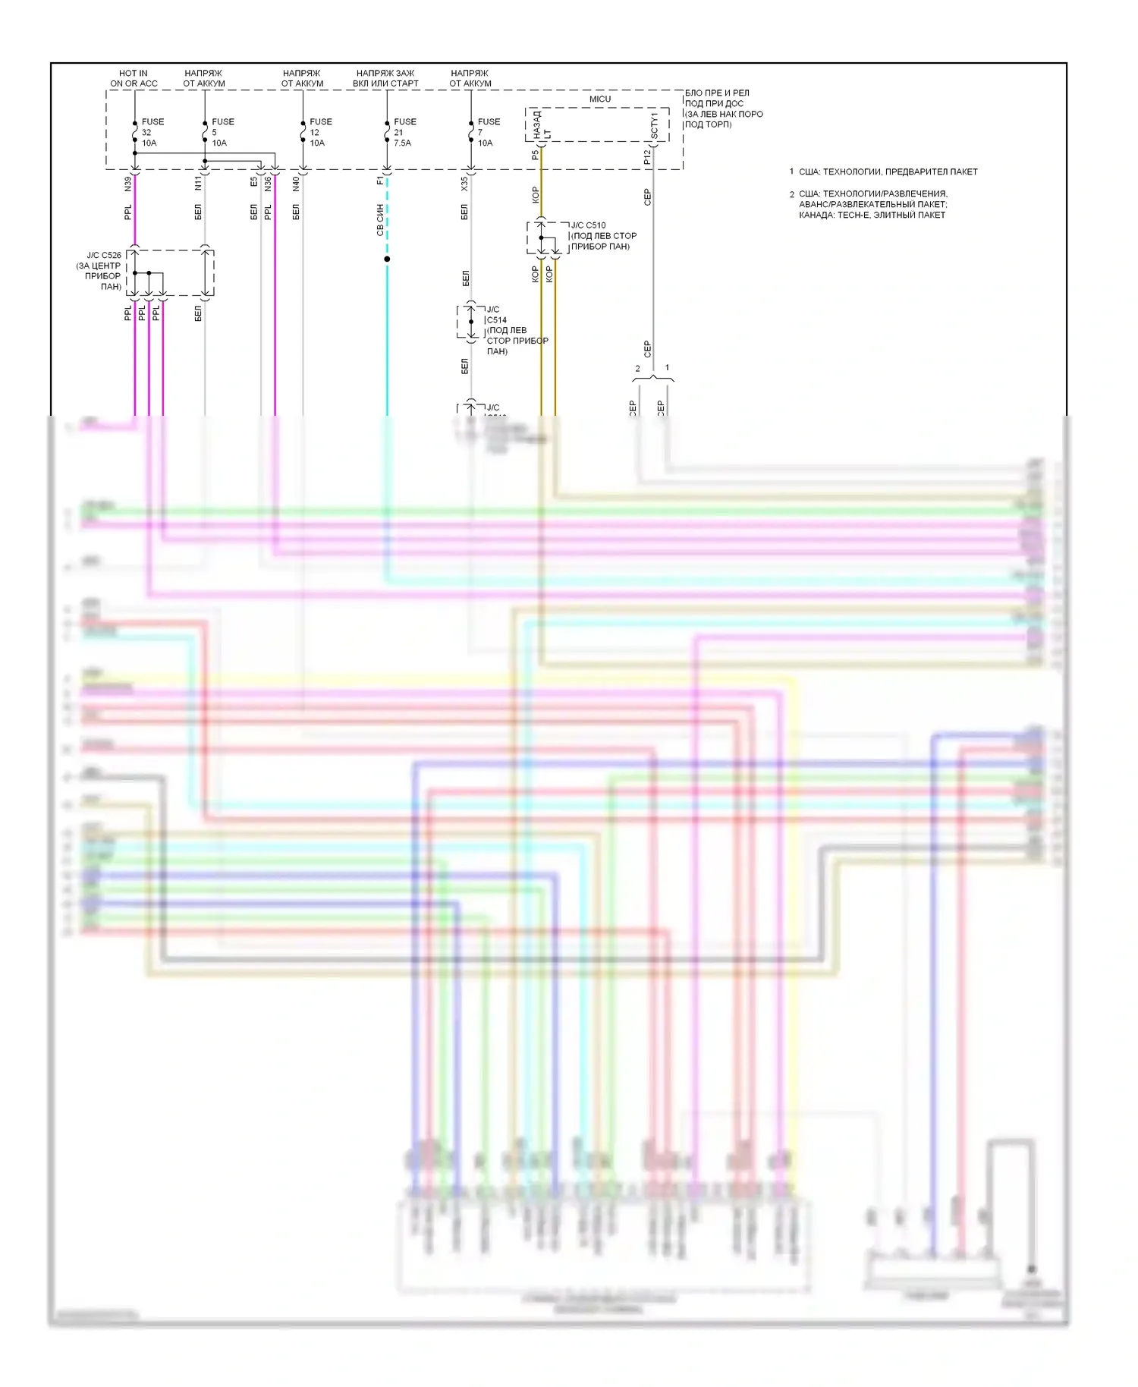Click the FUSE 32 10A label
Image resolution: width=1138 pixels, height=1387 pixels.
(x=151, y=132)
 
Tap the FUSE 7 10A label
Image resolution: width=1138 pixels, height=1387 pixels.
(x=487, y=132)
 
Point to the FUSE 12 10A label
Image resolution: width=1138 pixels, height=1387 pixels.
(x=319, y=132)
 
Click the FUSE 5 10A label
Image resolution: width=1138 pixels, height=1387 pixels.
(x=221, y=132)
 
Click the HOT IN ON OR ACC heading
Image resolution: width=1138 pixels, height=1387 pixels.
(x=134, y=79)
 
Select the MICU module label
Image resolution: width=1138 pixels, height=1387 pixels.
(x=599, y=99)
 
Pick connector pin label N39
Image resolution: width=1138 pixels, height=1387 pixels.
(x=128, y=184)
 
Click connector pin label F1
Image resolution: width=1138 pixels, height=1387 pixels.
(x=380, y=181)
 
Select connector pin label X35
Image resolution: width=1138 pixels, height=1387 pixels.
(x=464, y=184)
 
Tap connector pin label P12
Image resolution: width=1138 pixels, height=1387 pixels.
(x=646, y=157)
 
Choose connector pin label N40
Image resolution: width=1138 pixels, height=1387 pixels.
(x=296, y=184)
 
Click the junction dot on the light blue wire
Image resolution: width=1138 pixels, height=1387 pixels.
(x=387, y=259)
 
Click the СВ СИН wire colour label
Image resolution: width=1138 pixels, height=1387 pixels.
(x=380, y=219)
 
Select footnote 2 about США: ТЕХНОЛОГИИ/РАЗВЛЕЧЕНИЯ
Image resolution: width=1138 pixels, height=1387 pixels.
(x=872, y=204)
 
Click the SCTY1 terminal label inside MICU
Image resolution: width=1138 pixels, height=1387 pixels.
(x=654, y=125)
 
